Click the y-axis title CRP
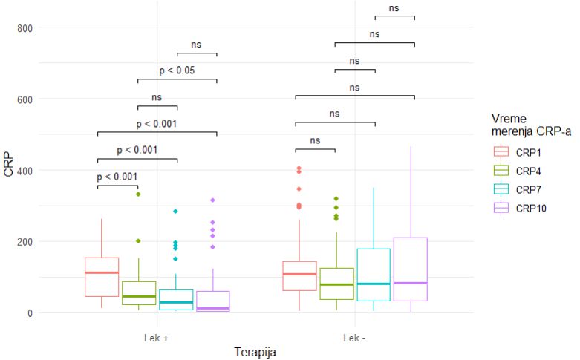[x=10, y=164]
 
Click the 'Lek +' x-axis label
[x=157, y=336]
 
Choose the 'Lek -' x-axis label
[x=354, y=336]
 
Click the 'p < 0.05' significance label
[x=177, y=71]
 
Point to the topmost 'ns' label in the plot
[x=394, y=8]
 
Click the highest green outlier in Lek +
[x=137, y=194]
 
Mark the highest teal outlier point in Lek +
[x=176, y=212]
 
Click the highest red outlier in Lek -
[x=299, y=168]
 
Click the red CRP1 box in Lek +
[x=102, y=277]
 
